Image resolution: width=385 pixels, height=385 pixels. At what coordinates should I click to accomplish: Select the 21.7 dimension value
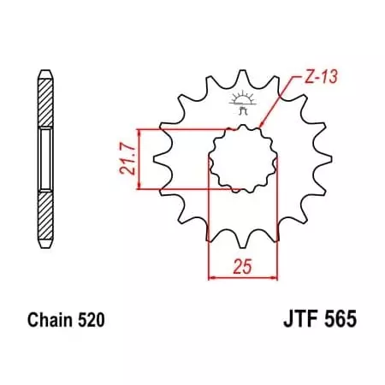tap(127, 158)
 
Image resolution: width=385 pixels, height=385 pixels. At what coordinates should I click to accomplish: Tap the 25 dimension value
tap(242, 267)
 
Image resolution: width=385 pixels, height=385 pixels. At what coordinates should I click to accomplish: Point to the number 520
tap(92, 321)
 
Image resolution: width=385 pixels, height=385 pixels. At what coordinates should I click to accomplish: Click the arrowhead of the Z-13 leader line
tap(262, 128)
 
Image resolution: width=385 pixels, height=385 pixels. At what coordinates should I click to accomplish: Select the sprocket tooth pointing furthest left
tap(157, 157)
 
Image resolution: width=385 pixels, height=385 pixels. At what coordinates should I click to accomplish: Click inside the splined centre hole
tap(242, 157)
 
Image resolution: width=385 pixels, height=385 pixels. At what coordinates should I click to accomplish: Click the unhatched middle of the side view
tap(44, 157)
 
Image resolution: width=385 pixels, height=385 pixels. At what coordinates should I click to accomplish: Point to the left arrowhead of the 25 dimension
tap(211, 277)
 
